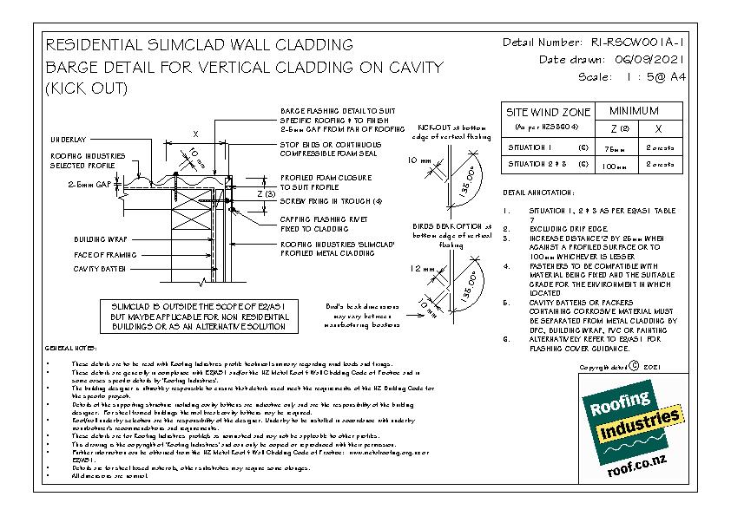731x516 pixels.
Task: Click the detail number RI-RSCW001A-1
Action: click(636, 42)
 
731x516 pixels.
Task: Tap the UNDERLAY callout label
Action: click(67, 140)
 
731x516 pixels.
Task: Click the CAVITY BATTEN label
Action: click(100, 269)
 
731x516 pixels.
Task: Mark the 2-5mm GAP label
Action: click(88, 185)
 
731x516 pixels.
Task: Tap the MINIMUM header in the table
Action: click(634, 111)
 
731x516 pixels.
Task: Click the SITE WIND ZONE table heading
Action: click(548, 113)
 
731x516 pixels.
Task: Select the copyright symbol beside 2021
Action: click(634, 366)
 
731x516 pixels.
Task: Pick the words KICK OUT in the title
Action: click(85, 88)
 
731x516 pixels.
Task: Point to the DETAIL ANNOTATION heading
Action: click(539, 192)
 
